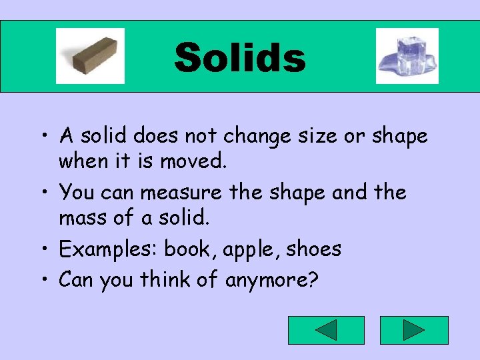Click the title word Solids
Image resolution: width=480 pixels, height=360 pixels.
(x=240, y=57)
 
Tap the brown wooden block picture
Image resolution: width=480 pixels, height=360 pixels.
(x=90, y=56)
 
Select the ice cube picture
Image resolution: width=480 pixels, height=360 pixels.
(x=407, y=56)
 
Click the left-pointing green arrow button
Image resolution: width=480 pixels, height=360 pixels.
(x=326, y=330)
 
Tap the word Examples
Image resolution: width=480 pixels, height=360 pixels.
(x=109, y=250)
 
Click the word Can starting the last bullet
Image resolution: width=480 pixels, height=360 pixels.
(x=76, y=281)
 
